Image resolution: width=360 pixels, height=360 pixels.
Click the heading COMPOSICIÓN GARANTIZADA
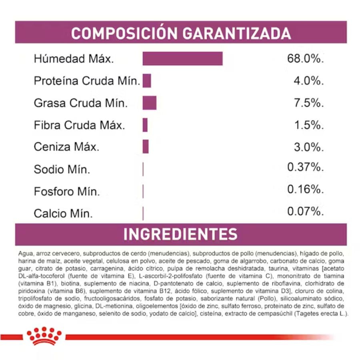click(x=181, y=33)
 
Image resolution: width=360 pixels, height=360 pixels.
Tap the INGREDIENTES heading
click(x=180, y=234)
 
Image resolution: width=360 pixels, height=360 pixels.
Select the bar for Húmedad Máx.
click(x=182, y=58)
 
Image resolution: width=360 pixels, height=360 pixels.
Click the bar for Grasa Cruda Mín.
click(x=150, y=103)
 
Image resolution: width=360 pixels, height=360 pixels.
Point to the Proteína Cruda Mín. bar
click(x=147, y=81)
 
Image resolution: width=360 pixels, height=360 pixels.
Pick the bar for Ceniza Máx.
click(x=146, y=146)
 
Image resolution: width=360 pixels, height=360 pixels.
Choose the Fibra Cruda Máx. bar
click(x=145, y=125)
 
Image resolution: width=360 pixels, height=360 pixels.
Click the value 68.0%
click(x=305, y=59)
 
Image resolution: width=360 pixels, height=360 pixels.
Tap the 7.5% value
click(x=308, y=103)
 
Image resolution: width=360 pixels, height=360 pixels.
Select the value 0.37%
click(x=305, y=167)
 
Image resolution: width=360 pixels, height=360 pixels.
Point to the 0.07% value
click(x=305, y=211)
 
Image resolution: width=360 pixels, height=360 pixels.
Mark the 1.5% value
click(x=308, y=125)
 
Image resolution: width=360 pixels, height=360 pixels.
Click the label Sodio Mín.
click(x=62, y=169)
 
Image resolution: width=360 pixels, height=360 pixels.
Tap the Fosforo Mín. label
click(x=66, y=191)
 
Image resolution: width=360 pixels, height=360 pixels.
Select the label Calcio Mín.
click(x=63, y=213)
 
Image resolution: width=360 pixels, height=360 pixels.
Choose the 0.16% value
click(x=305, y=189)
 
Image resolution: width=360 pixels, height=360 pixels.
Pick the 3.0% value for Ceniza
click(x=308, y=147)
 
